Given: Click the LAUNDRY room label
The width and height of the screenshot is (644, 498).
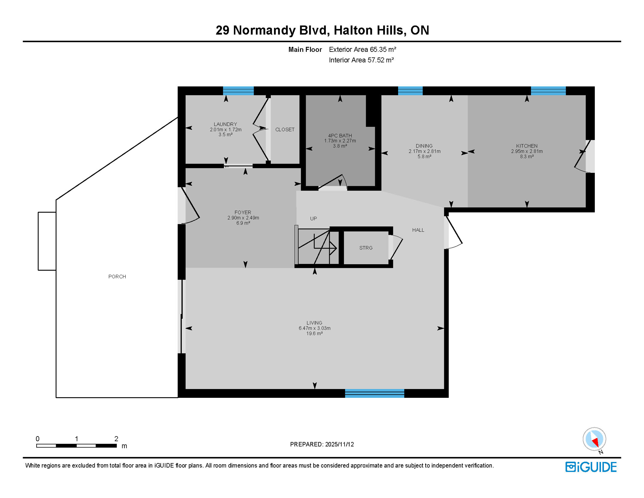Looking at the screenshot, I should point(225,124).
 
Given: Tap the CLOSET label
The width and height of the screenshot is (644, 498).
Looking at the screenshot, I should point(285,129).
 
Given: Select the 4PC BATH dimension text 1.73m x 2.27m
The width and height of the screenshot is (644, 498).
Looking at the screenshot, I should point(340,141).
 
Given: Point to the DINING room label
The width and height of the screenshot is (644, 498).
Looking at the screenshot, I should point(424,146).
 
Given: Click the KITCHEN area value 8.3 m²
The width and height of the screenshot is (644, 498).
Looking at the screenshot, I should point(527,156).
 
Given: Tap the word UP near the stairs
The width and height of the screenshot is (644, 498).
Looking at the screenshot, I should point(313,219).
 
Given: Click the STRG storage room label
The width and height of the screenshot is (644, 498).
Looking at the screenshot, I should point(366,248).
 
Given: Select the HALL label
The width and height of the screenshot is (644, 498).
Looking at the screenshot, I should point(418,230).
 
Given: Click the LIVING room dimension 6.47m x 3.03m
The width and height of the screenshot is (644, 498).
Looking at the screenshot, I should point(314,328).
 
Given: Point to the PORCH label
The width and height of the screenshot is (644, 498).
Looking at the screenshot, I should point(117,277).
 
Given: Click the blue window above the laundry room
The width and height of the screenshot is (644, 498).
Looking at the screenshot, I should point(238,91).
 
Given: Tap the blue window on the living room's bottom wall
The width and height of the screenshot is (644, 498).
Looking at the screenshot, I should point(374,393).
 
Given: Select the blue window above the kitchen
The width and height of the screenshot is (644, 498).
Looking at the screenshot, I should point(548,91).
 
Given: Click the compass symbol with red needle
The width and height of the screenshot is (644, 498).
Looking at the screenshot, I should point(594,439).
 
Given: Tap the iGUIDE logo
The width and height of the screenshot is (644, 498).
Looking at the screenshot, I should point(591,467).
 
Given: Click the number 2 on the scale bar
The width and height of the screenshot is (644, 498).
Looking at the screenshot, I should point(116,439).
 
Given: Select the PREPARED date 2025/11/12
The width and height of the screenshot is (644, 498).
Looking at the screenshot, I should point(339,444).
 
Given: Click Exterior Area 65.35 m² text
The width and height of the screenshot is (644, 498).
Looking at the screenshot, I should point(362,50).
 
